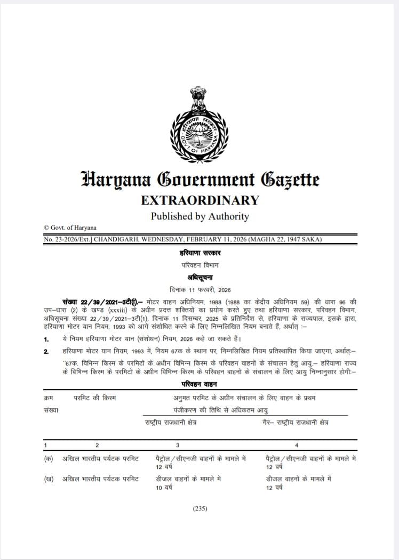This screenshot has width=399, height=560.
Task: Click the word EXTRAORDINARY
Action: click(x=199, y=200)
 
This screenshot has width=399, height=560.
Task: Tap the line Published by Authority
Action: click(x=199, y=216)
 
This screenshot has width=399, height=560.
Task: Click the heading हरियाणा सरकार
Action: click(x=199, y=253)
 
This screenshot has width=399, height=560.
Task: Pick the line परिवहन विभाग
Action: click(x=199, y=265)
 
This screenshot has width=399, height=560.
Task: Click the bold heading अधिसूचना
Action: click(x=199, y=277)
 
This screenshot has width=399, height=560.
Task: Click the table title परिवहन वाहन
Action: click(x=199, y=384)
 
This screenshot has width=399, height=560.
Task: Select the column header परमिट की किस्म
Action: click(x=95, y=397)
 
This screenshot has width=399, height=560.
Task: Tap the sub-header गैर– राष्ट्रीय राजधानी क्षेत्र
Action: click(x=296, y=422)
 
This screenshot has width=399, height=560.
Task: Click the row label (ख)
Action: click(x=49, y=478)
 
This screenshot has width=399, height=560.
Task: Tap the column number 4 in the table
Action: click(x=297, y=444)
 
